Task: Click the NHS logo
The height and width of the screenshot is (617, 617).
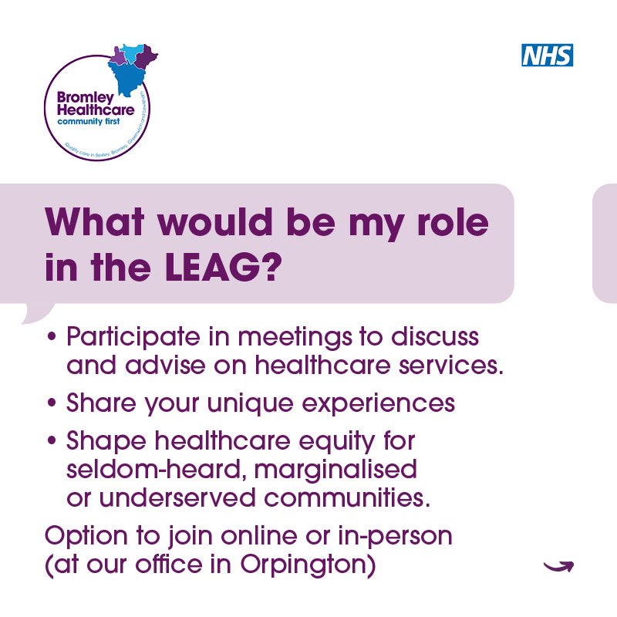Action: click(548, 55)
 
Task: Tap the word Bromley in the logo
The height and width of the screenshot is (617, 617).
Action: click(85, 99)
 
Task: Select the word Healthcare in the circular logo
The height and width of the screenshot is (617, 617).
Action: click(96, 111)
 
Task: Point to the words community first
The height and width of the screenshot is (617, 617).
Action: click(89, 122)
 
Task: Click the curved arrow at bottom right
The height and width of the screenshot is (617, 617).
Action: click(558, 567)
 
